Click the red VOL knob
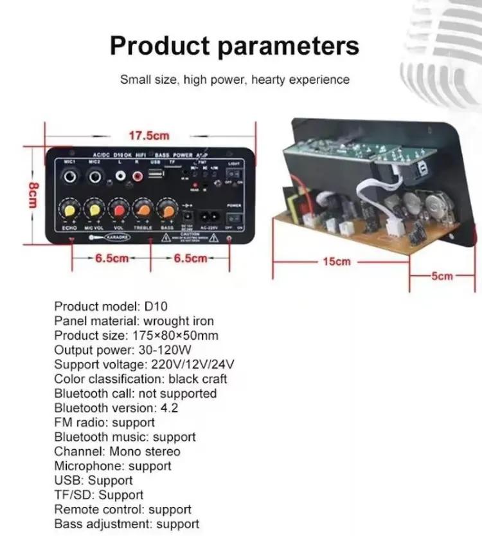[118, 210]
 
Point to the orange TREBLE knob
[143, 210]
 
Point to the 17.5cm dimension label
[149, 136]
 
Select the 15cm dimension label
[337, 261]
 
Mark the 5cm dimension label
[442, 276]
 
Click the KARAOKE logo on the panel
[118, 237]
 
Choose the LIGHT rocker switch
[234, 174]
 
